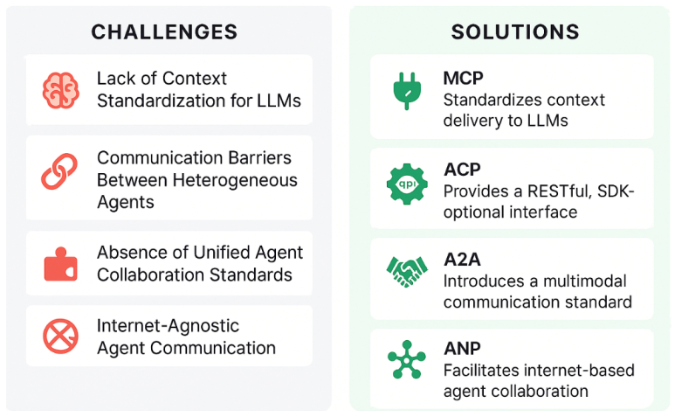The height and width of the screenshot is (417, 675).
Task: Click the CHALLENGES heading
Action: [x=164, y=32]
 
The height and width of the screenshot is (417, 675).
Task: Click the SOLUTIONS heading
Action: [x=514, y=32]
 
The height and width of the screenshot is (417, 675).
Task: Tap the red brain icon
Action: [x=60, y=89]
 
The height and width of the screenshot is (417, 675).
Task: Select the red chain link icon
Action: [x=60, y=170]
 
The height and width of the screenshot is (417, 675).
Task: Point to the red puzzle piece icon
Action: [x=60, y=263]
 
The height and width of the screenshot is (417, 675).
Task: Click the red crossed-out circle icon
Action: [x=60, y=336]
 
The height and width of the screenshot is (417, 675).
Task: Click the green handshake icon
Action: [x=407, y=271]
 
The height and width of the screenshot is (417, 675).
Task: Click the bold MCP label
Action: [x=463, y=79]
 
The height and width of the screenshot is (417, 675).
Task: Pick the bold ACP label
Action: [x=462, y=170]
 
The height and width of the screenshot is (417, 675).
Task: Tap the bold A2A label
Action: [x=462, y=260]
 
